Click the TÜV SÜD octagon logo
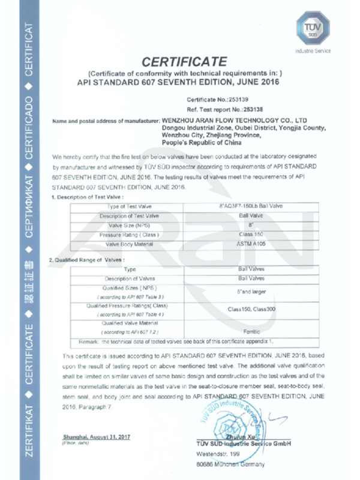click(308, 30)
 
